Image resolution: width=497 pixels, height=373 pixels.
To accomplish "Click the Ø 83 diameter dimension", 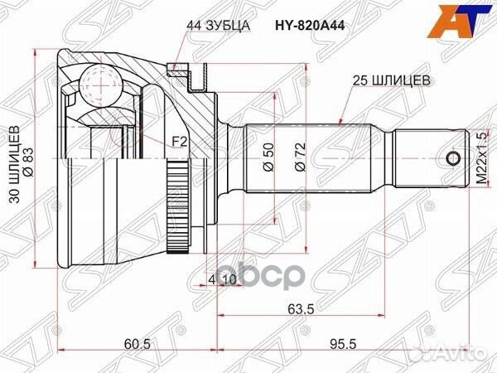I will pyautogui.click(x=27, y=159).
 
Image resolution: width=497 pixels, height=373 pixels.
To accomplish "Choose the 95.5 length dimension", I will pyautogui.click(x=335, y=343).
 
